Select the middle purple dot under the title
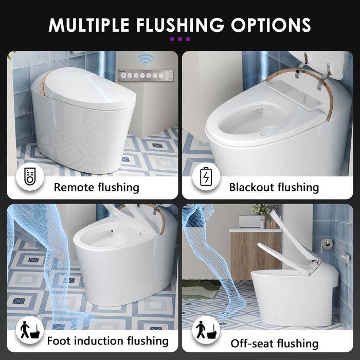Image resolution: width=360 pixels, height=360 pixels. coord(180,39)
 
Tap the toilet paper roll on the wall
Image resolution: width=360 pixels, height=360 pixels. coord(325,241)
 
